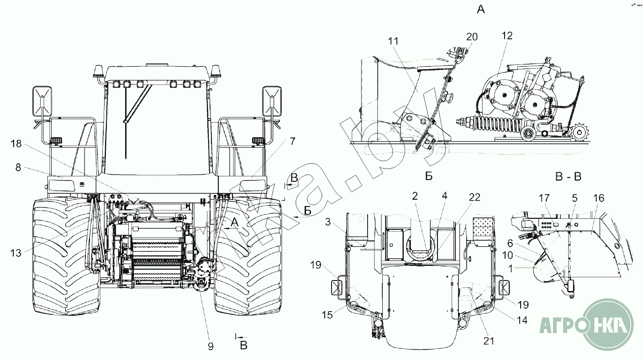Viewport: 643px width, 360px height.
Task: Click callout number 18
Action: pos(16,143)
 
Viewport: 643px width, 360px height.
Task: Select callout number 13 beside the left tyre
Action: pos(16,253)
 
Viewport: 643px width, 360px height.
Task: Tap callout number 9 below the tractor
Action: pos(211,346)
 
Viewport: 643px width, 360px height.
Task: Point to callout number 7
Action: pos(292,141)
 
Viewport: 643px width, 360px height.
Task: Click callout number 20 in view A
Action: pos(472,37)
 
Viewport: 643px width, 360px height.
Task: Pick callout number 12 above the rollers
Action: pos(507,36)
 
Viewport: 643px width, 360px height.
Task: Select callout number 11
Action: pos(393,41)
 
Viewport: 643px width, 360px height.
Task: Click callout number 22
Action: pos(474,197)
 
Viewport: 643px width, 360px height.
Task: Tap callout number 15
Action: pos(327,315)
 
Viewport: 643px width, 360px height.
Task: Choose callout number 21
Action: pos(489,341)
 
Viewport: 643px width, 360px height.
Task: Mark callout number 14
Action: pos(522,320)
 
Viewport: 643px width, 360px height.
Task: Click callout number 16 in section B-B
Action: pos(599,198)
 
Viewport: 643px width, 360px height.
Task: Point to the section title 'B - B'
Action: pos(569,176)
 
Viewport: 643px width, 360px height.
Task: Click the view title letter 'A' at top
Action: pos(481,10)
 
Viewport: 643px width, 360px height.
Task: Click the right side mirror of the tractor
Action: pos(272,101)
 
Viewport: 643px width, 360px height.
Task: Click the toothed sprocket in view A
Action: pos(579,132)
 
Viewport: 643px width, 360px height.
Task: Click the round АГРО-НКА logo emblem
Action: pos(609,325)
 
